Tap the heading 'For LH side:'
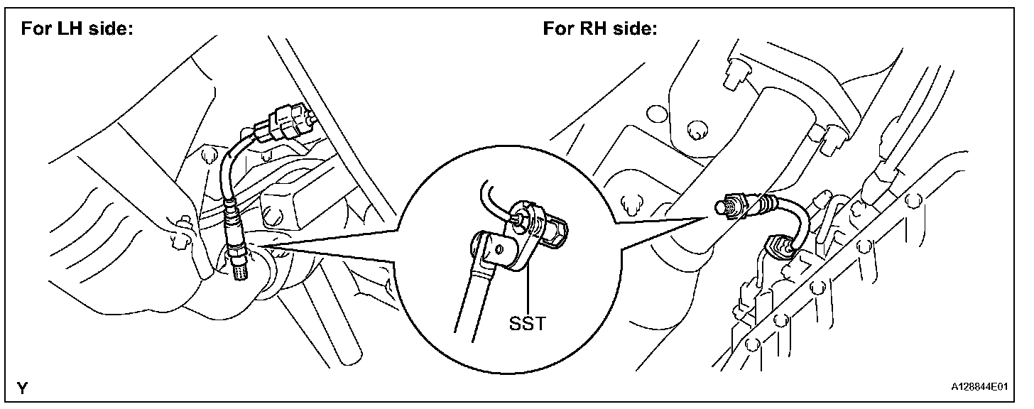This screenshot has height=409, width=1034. pyautogui.click(x=77, y=29)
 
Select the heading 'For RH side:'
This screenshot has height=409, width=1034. pyautogui.click(x=600, y=29)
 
